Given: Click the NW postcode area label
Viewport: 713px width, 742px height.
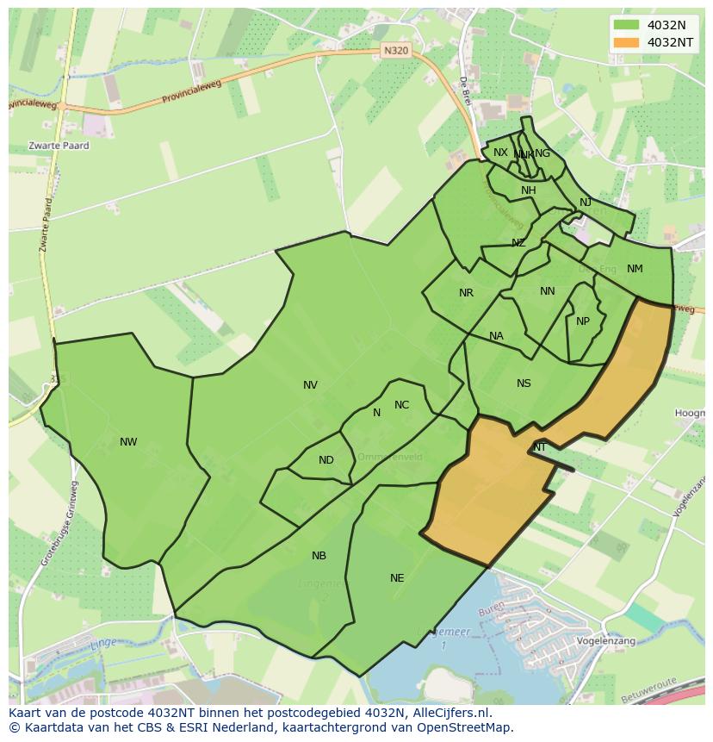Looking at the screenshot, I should point(128,442).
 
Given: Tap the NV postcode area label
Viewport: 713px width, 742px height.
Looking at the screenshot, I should point(310,385).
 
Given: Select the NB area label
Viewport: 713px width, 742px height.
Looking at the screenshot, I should point(319,556).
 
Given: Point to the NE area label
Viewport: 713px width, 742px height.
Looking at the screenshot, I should point(397,578).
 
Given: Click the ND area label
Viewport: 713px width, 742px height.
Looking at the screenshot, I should point(325,460).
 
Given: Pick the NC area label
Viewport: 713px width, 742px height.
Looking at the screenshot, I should point(401,405).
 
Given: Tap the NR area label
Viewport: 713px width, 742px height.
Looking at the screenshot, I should point(466,293).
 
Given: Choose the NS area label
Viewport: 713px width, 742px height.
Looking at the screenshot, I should point(524,383).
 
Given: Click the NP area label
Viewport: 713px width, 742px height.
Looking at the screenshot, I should point(583,321).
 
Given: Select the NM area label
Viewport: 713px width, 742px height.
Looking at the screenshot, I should point(635,269).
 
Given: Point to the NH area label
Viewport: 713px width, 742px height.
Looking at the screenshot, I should point(528,190).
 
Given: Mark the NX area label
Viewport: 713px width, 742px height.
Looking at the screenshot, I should point(500,153).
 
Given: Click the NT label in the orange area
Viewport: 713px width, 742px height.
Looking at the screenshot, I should point(539,447).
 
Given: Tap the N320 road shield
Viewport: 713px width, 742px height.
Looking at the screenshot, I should point(395,51).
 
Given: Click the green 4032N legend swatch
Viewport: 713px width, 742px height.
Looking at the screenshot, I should point(626,25).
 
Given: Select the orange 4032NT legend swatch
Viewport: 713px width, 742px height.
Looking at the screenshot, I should point(626,42).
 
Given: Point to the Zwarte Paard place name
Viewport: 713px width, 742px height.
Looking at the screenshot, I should point(59,146).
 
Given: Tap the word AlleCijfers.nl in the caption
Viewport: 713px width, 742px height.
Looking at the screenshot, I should point(449,713).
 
